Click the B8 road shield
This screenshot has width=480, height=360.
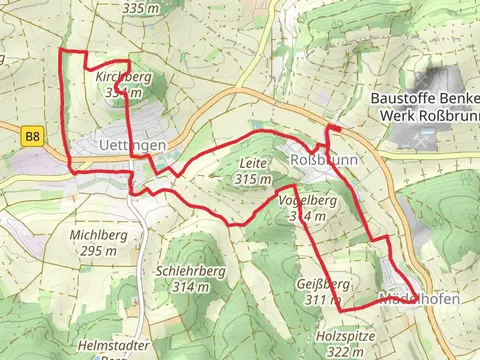[x=34, y=136]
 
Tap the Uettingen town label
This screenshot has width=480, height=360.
[x=133, y=146]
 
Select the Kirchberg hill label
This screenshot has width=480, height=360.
[x=123, y=76]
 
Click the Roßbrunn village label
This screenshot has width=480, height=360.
[x=321, y=159]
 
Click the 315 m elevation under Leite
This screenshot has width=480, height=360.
[x=254, y=178]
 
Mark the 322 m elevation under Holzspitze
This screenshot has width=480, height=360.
[x=344, y=352]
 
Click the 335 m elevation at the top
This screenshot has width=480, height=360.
[x=140, y=8]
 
